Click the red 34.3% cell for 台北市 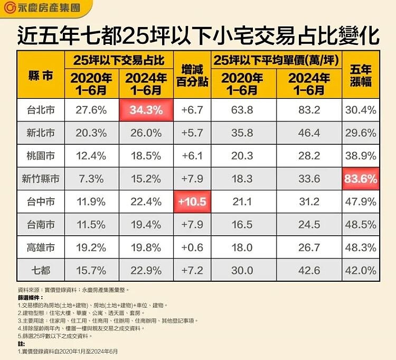click(146, 110)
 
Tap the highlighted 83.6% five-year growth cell click(361, 179)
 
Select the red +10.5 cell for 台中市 click(192, 202)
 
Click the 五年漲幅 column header click(361, 75)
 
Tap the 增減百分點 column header click(192, 75)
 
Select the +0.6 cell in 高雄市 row click(192, 248)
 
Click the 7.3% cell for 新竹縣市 click(91, 179)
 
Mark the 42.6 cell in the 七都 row click(309, 271)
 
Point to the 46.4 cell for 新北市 click(309, 133)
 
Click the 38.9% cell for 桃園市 click(361, 156)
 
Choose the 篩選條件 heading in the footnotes click(31, 298)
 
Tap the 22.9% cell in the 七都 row click(146, 271)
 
